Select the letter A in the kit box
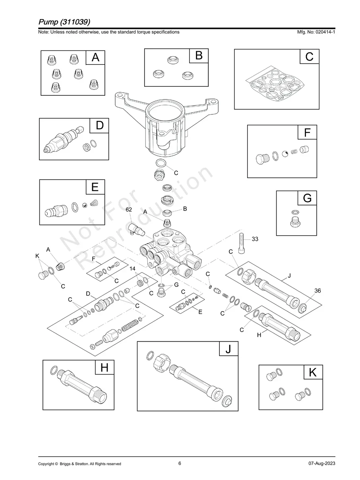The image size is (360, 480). [x=95, y=58]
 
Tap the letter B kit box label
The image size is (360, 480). [x=199, y=56]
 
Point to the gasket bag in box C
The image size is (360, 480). [x=277, y=84]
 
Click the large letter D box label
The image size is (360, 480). [x=99, y=126]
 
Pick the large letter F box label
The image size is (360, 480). [x=307, y=132]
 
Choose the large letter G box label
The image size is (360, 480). [x=307, y=198]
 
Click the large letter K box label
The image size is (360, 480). [x=313, y=372]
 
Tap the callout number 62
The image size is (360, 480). [x=129, y=209]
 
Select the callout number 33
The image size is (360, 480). [x=255, y=239]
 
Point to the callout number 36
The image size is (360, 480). [x=317, y=291]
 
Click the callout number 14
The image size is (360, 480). [x=133, y=269]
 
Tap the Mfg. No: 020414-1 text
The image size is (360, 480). [x=314, y=32]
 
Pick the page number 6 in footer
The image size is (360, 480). [x=180, y=463]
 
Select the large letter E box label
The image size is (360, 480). [x=95, y=187]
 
